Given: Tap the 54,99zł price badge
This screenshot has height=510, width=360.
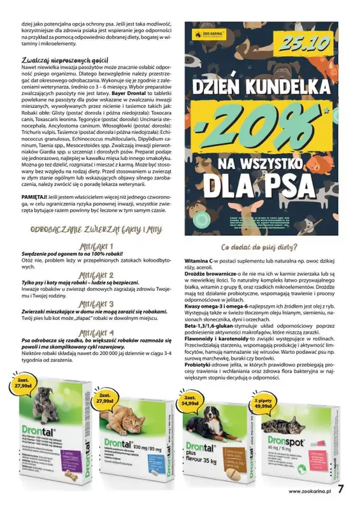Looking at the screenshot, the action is (189, 400).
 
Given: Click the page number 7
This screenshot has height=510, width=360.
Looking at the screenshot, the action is (342, 490).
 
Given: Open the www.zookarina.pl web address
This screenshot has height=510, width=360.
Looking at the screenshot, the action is (308, 491).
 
